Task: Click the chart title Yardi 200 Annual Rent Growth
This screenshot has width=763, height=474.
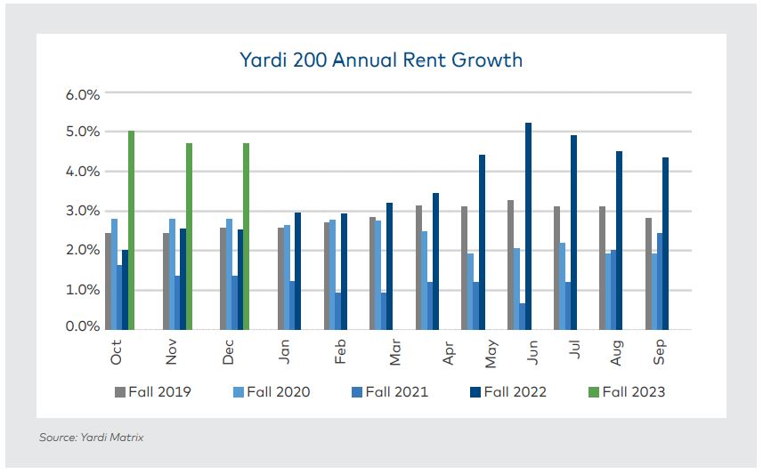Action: tap(380, 60)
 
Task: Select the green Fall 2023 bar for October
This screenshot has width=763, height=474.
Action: tap(131, 229)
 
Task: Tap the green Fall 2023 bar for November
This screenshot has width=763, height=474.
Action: tap(189, 236)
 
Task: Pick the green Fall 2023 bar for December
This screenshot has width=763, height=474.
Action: tap(246, 236)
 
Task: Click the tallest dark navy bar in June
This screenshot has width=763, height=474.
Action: tap(528, 225)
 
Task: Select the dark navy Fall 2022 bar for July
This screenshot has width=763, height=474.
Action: tap(574, 231)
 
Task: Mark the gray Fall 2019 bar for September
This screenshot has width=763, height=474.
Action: tap(649, 272)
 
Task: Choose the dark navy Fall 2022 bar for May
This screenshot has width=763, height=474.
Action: tap(482, 241)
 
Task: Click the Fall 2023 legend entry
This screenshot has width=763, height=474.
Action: tap(627, 391)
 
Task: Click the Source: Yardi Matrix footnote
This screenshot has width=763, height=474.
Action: tap(91, 438)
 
